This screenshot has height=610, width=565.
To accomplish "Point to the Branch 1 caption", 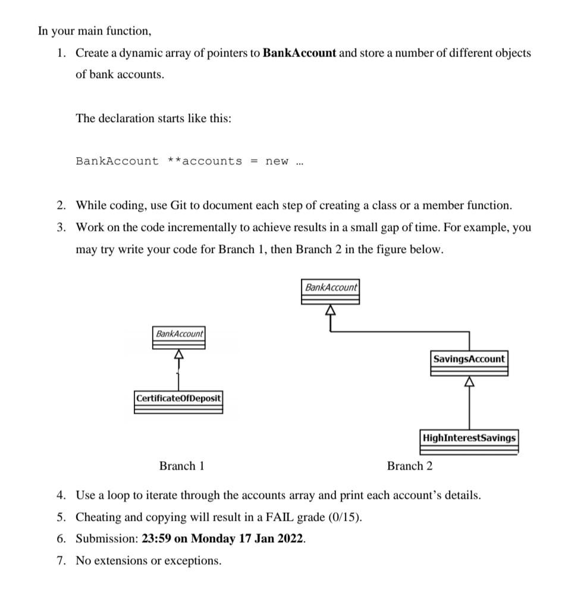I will coord(181,466).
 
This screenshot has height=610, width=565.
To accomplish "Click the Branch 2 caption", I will coord(410,466).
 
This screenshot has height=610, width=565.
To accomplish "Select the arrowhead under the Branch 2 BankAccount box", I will coord(330,310).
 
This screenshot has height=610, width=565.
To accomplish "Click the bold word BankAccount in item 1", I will coord(299,53).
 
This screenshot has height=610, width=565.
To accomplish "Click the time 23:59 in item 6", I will coord(156,539).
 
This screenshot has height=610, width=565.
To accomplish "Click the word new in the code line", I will coord(277,161).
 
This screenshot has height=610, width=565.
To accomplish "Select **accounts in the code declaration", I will coord(205,161).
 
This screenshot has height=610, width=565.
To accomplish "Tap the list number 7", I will coord(61,561).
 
